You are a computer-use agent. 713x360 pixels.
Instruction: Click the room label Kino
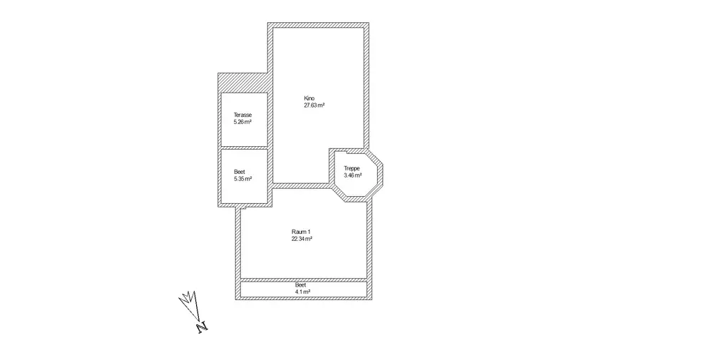309,98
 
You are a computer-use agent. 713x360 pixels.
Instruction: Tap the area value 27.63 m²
314,105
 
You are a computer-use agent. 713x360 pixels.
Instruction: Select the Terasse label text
242,115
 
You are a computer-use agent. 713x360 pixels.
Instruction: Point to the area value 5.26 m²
242,122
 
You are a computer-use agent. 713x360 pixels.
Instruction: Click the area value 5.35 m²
242,178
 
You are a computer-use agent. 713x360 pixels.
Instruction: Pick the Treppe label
352,168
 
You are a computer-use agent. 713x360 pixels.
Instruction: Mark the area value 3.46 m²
353,175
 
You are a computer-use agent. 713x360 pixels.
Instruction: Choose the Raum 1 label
302,232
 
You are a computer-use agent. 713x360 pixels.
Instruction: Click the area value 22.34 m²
302,239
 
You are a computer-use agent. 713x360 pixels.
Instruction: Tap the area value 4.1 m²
302,292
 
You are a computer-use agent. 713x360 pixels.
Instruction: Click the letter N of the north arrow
202,327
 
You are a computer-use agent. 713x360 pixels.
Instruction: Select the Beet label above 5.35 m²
240,171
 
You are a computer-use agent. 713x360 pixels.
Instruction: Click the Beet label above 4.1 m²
301,285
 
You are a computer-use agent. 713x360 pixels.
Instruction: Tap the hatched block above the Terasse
243,82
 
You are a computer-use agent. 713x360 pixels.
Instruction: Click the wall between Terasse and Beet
244,148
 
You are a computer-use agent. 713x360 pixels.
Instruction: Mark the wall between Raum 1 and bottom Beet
304,279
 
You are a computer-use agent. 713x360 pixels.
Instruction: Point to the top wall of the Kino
318,26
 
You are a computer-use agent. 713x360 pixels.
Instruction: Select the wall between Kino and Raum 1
299,186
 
